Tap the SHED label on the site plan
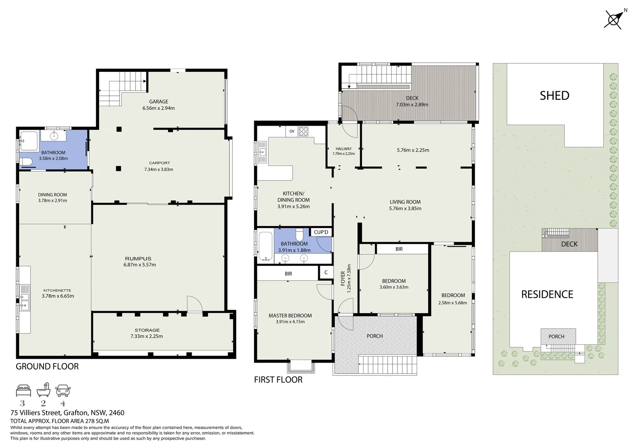click(x=554, y=96)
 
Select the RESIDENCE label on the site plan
click(x=547, y=295)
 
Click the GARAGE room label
click(x=158, y=102)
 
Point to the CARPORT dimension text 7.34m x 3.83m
click(x=158, y=169)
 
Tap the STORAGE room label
click(x=147, y=330)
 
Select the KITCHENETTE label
click(x=58, y=290)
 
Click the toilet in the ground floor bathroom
click(x=24, y=161)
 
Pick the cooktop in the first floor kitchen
click(x=304, y=131)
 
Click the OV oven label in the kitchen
click(x=292, y=131)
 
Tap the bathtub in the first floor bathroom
click(x=265, y=246)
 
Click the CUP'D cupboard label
click(x=321, y=232)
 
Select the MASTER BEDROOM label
click(x=290, y=316)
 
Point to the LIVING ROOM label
click(x=405, y=202)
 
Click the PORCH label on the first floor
click(x=375, y=336)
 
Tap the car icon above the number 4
click(x=63, y=390)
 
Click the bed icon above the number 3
click(x=23, y=390)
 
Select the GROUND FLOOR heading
click(x=47, y=366)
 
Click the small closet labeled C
click(x=326, y=273)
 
